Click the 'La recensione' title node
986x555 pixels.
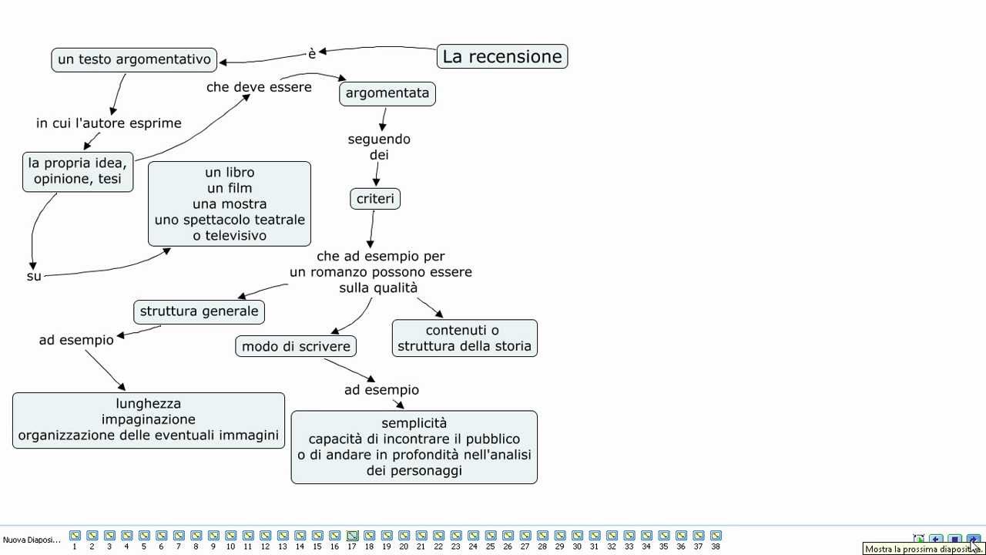[502, 56]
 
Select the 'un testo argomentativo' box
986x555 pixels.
[134, 59]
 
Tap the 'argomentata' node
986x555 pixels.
[387, 93]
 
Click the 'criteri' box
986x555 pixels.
[375, 199]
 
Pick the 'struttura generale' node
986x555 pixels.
[199, 311]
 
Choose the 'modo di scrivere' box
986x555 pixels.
[296, 346]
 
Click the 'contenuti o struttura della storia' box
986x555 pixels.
[464, 338]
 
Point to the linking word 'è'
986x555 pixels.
[312, 54]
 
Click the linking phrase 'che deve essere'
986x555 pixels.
[259, 87]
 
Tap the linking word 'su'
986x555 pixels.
[34, 276]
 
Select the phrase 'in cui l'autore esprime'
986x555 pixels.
[109, 123]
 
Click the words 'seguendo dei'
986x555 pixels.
[379, 147]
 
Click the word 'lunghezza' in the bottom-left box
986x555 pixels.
[149, 403]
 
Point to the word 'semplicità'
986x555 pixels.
[414, 422]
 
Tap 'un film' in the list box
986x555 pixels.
[230, 188]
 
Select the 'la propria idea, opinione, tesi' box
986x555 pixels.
[78, 171]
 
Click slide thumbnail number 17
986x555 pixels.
[352, 536]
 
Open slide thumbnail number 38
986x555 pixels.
[716, 536]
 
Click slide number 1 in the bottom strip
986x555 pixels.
[75, 536]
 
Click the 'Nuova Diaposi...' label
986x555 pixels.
[32, 540]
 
